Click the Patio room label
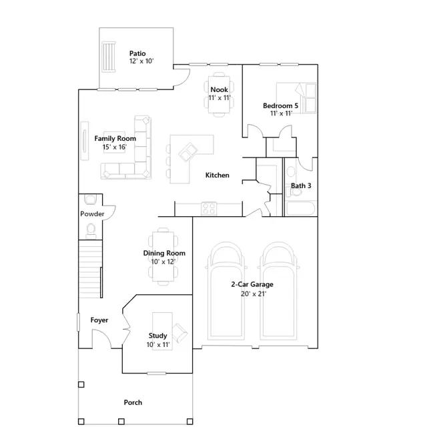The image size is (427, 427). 137,53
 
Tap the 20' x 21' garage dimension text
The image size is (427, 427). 254,294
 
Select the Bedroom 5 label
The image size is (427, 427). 280,105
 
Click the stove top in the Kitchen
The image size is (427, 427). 209,208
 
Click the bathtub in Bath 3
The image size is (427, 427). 300,208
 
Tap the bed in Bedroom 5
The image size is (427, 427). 296,97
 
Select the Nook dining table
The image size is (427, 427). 220,94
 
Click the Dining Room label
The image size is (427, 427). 164,253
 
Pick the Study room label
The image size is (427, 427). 157,336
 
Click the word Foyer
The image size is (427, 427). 99,320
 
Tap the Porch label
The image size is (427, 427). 133,402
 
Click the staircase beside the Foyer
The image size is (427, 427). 91,269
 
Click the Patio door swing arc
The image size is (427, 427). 181,77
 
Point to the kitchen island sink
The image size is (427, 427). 188,152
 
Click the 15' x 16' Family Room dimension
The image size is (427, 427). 115,147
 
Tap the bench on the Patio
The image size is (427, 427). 109,57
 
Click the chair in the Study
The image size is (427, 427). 179,333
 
